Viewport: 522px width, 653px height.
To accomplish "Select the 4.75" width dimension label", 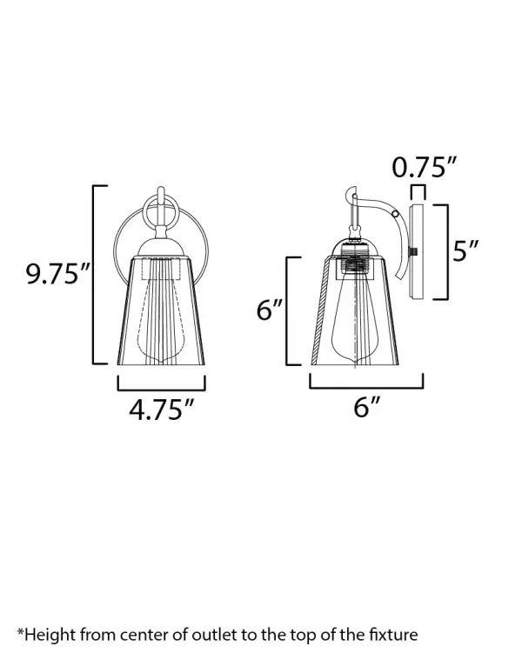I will point(161,409).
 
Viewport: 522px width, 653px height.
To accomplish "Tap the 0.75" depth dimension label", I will point(424,167).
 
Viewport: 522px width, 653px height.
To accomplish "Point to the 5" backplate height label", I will point(465,252).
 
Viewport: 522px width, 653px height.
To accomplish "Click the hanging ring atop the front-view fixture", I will point(161,211).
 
